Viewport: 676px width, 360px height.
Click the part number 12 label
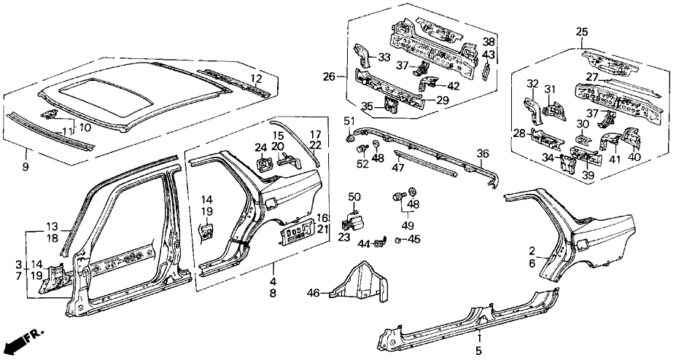click(256, 79)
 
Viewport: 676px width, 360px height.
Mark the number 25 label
click(581, 32)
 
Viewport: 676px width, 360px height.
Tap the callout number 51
click(349, 121)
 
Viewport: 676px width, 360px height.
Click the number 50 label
click(354, 197)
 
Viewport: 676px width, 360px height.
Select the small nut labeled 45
click(398, 240)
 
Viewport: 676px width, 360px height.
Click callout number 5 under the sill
click(479, 351)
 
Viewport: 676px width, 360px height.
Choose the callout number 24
click(260, 149)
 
